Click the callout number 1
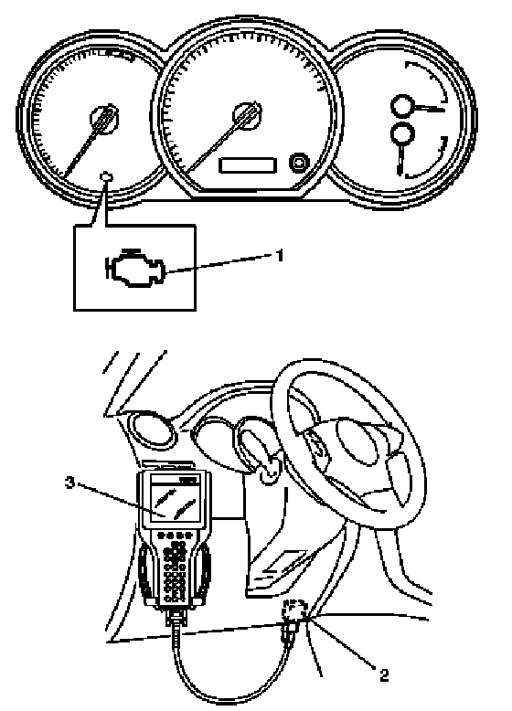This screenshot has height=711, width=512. pos(280,255)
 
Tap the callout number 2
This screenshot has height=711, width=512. pos(384,676)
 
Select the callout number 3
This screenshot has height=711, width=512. pos(69,483)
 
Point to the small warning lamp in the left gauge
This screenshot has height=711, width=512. pos(106,175)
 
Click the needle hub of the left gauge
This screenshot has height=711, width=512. pos(105,119)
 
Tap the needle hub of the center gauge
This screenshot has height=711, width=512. pos(247,115)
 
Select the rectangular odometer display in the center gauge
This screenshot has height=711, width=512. pos(248,164)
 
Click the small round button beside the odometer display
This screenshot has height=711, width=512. pos(299,163)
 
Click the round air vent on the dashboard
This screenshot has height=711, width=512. pos(153,428)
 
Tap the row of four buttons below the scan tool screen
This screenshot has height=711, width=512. pos(174,535)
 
